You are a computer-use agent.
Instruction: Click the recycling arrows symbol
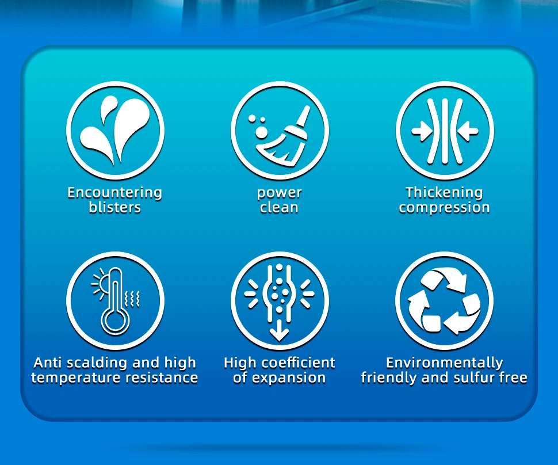coord(444,301)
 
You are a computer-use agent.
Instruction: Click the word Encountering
coord(115,192)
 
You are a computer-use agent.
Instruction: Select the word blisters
coord(115,207)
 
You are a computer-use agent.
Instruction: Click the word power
coord(280,193)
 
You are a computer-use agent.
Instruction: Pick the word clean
coord(279,207)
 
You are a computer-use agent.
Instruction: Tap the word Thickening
coord(445,192)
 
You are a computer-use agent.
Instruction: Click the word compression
coord(444,208)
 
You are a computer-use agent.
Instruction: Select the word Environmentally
coord(445,363)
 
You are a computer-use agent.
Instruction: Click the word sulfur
coord(470,378)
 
